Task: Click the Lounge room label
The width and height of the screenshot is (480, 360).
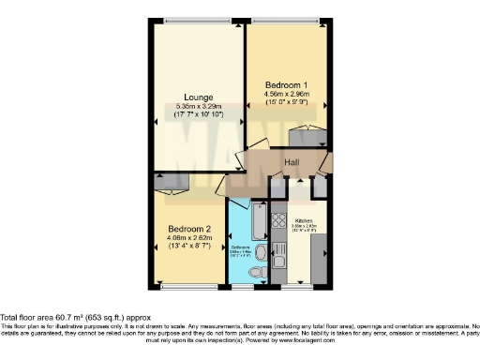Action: (198, 97)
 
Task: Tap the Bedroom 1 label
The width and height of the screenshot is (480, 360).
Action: (286, 84)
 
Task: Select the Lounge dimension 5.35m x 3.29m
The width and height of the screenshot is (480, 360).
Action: (198, 107)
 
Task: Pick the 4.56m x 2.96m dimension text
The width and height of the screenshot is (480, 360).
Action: (286, 95)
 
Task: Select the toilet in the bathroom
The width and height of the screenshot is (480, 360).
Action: (258, 273)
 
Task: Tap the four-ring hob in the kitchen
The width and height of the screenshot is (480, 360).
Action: (278, 222)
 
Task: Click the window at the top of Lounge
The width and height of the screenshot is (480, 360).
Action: (198, 21)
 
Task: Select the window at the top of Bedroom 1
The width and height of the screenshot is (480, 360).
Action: (287, 21)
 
